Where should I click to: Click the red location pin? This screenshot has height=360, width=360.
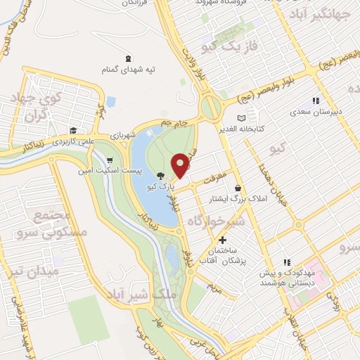coord(181,165)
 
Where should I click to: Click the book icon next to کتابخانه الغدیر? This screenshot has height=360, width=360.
coord(242,118)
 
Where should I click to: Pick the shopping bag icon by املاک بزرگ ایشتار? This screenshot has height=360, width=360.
coord(239,188)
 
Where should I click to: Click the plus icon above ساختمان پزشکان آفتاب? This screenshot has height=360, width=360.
coord(223,240)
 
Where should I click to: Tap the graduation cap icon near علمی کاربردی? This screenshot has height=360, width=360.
coord(73,130)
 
